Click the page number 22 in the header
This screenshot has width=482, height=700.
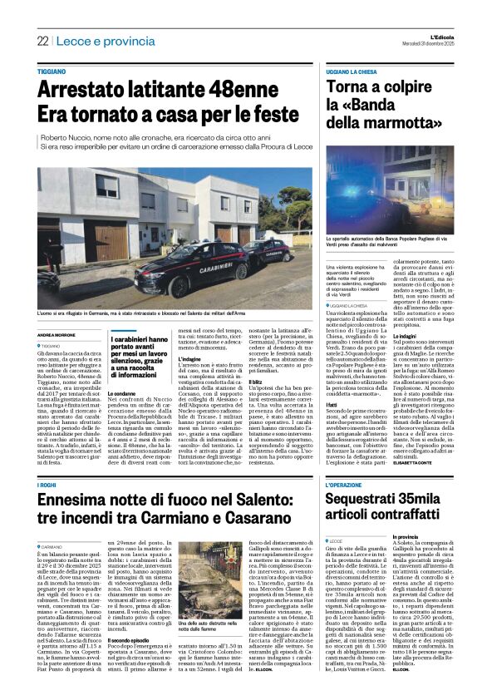pos(42,41)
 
